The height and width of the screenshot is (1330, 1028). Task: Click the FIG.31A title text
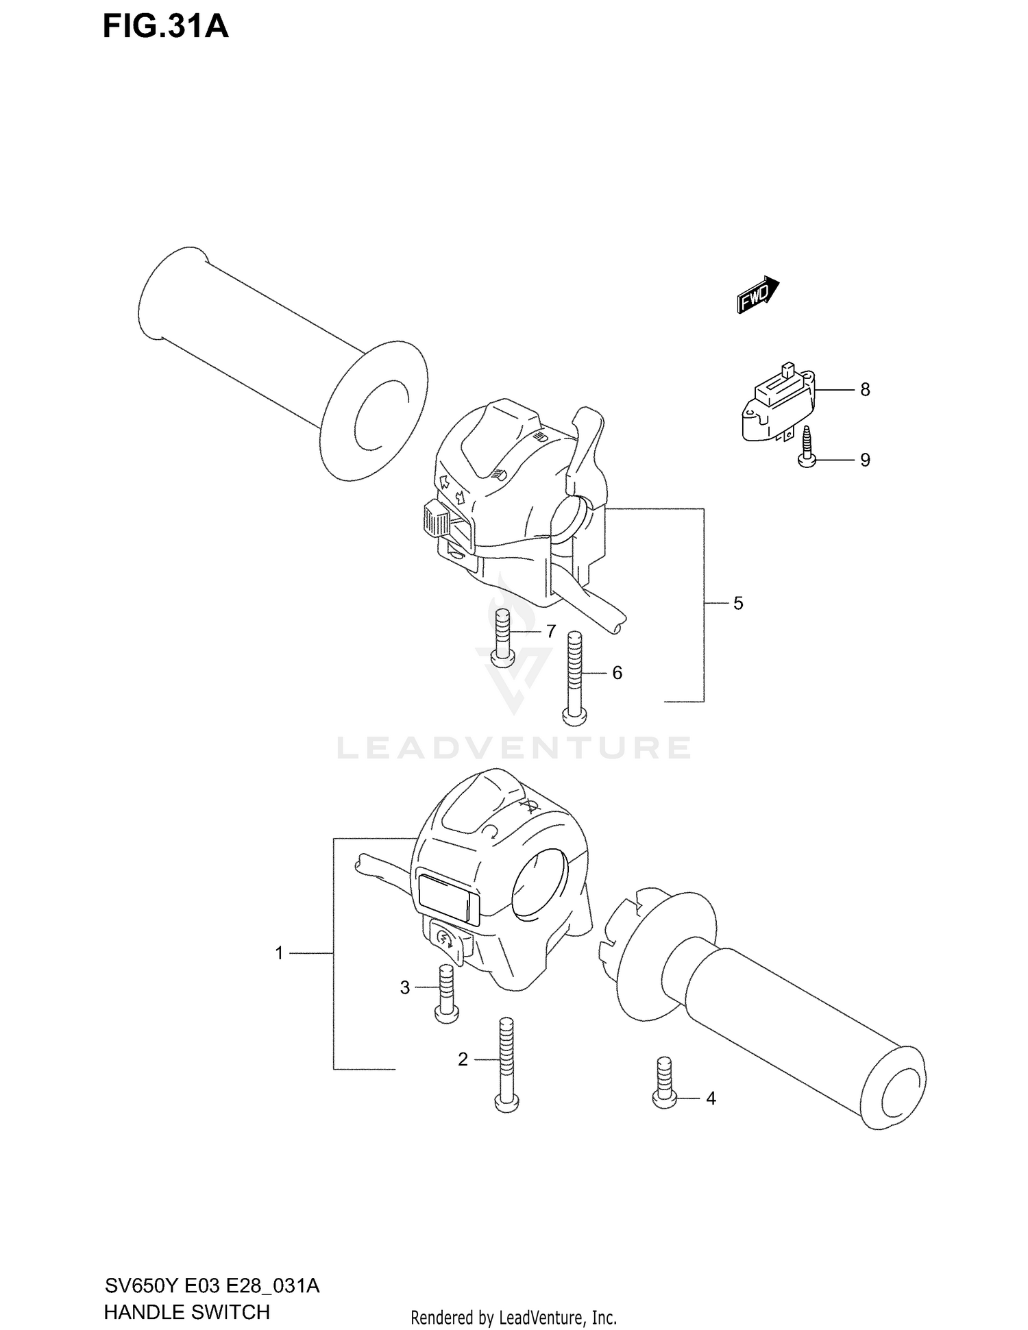[165, 27]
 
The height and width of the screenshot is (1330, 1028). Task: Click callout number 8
[865, 389]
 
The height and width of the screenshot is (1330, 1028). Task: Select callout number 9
[865, 460]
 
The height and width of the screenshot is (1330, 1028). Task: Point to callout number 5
[738, 603]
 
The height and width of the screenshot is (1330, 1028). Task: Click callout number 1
[279, 952]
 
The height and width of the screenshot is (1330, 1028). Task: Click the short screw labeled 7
[502, 638]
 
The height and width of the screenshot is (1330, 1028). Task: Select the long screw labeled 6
[574, 678]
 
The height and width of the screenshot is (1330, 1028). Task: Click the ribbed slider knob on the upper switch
[436, 519]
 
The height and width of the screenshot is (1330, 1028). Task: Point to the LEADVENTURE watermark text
[514, 748]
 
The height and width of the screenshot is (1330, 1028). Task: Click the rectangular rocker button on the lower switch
[446, 896]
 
